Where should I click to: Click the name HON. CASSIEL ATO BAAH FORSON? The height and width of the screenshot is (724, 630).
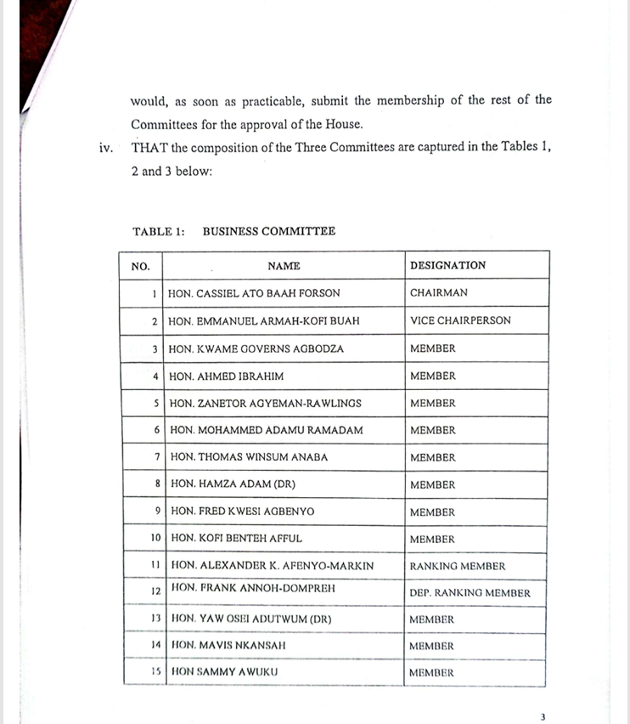[x=254, y=293]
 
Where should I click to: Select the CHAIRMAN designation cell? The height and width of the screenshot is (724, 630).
[x=438, y=293]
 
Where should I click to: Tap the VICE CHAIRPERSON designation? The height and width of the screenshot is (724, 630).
[x=460, y=321]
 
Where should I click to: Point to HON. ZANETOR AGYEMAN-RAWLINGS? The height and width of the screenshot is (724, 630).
[x=266, y=404]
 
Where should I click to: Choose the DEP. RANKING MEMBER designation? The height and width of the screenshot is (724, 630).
[x=470, y=593]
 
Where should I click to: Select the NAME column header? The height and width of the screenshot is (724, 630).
[x=284, y=266]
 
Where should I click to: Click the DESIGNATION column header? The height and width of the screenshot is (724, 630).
[x=447, y=265]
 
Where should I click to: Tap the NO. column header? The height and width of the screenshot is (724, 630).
[x=140, y=266]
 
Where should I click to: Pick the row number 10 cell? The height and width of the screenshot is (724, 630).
[x=155, y=539]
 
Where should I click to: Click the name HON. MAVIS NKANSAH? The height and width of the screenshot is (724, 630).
[x=228, y=646]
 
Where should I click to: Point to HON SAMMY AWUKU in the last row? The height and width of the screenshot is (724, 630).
[x=225, y=673]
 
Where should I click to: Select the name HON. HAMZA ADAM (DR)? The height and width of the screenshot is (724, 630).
[x=233, y=484]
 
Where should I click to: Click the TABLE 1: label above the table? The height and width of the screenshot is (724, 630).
[x=159, y=231]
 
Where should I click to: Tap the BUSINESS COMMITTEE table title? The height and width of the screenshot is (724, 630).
[x=268, y=231]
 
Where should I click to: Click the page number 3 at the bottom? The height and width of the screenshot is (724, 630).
[x=543, y=716]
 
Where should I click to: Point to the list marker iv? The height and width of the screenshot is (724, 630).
[x=106, y=148]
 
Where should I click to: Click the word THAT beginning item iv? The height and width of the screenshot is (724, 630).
[x=149, y=147]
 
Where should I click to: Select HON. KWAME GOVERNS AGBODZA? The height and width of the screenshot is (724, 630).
[x=256, y=348]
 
